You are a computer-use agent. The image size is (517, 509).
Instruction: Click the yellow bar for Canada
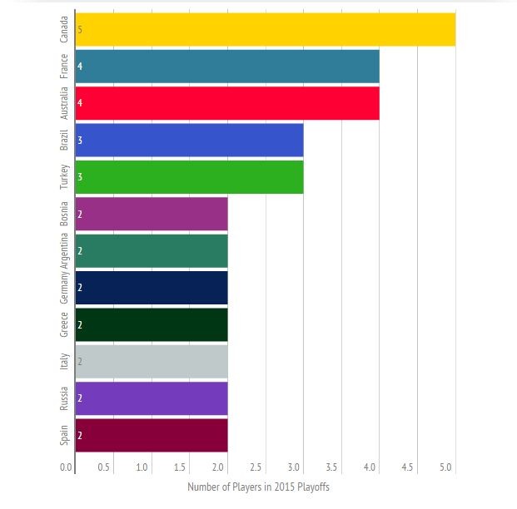coord(265,29)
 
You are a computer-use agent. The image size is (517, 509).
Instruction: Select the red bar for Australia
coord(226,103)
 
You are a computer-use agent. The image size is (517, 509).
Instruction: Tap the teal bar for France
coord(226,66)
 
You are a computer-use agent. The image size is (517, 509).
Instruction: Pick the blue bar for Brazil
coord(189,140)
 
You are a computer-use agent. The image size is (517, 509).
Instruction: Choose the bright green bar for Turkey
coord(189,176)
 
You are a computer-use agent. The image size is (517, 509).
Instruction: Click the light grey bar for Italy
coord(151,361)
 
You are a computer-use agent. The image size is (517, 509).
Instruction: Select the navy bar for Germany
coord(151,287)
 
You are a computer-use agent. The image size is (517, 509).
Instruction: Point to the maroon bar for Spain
coord(151,435)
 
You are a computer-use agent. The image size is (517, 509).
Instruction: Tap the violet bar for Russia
coord(151,398)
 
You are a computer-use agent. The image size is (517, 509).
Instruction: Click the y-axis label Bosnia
coord(64,214)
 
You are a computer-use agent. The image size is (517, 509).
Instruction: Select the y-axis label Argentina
coord(64,250)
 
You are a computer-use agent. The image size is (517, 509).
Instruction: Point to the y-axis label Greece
coord(64,324)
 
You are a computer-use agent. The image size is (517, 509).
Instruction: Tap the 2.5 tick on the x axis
coord(256,467)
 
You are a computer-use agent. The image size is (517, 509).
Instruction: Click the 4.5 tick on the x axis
coord(407,467)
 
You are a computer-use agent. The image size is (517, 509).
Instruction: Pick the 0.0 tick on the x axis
coord(66,467)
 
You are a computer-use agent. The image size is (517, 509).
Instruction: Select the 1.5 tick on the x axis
coord(180,467)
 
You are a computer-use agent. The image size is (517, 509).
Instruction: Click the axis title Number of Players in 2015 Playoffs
coord(259,487)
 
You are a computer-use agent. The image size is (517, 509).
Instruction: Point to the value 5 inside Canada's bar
coord(80,29)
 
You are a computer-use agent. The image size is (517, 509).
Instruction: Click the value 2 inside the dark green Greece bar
coord(80,324)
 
